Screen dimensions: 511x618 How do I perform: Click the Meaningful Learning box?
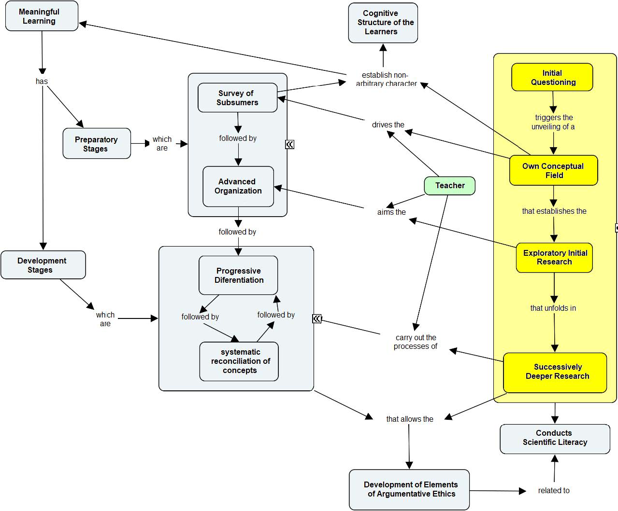click(x=42, y=16)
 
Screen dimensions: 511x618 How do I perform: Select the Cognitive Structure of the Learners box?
click(x=383, y=23)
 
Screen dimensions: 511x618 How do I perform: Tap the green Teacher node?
click(x=449, y=186)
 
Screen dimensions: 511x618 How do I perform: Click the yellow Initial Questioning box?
click(x=552, y=77)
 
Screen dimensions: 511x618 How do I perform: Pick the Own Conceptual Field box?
click(x=553, y=171)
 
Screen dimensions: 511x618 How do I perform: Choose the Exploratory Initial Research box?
click(x=554, y=258)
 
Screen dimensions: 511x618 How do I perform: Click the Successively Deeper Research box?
click(x=555, y=372)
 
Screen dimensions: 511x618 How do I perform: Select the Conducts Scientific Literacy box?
click(x=555, y=438)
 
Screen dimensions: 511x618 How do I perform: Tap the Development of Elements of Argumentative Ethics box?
click(x=409, y=489)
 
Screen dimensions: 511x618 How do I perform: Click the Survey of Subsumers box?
click(x=237, y=98)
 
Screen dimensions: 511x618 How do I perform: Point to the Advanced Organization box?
click(x=238, y=186)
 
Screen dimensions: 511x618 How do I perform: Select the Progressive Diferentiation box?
click(x=238, y=276)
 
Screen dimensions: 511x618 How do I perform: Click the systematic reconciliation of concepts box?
click(x=239, y=361)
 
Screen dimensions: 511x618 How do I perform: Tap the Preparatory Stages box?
click(x=97, y=144)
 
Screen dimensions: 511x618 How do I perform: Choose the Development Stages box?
click(x=43, y=265)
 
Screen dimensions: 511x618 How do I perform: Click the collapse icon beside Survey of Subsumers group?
click(x=289, y=144)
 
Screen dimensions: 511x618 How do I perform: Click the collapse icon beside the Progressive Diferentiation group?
click(x=317, y=318)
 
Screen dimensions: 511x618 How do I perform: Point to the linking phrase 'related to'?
click(x=554, y=491)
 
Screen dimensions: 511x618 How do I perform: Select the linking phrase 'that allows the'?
click(x=409, y=419)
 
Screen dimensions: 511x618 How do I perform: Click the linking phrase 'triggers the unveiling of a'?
click(x=554, y=122)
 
